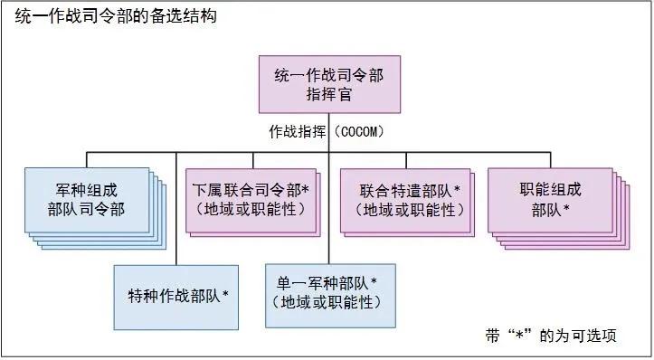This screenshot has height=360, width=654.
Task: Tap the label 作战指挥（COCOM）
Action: pyautogui.click(x=327, y=131)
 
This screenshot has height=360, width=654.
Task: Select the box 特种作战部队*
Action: pyautogui.click(x=176, y=296)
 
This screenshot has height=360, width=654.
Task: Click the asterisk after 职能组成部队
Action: pyautogui.click(x=566, y=210)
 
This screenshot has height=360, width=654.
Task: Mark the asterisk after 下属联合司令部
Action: pyautogui.click(x=307, y=190)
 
